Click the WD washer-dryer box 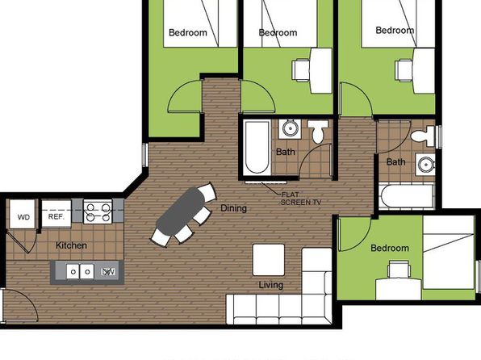[22, 214]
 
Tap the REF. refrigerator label [56, 216]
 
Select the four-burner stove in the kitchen [98, 211]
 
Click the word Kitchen [71, 245]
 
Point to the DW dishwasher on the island [109, 271]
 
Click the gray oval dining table [181, 211]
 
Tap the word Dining [234, 208]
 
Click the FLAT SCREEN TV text [301, 199]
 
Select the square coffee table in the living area [269, 260]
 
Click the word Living [271, 285]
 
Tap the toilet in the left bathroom [318, 131]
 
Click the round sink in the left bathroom [290, 128]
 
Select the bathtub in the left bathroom [257, 148]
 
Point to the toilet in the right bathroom [423, 136]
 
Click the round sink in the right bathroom [426, 165]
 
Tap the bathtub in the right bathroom [407, 196]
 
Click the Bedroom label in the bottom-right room [390, 248]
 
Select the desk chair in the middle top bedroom [301, 70]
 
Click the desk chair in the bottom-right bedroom [399, 269]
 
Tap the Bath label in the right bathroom [395, 161]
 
